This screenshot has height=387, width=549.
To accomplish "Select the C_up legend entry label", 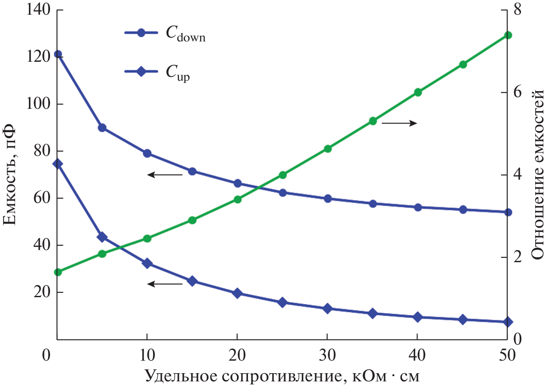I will pyautogui.click(x=178, y=76).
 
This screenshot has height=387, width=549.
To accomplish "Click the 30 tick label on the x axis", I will pyautogui.click(x=327, y=355).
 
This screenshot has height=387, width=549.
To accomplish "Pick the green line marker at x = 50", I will pyautogui.click(x=508, y=35).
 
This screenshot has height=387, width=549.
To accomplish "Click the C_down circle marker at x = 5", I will pyautogui.click(x=102, y=128).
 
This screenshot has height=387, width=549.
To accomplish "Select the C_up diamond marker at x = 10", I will pyautogui.click(x=147, y=263).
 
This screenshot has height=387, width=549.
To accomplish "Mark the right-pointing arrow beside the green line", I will pyautogui.click(x=399, y=124).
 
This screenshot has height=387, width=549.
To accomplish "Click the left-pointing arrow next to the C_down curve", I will pyautogui.click(x=165, y=174).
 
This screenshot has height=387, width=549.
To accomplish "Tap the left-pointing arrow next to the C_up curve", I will pyautogui.click(x=165, y=284).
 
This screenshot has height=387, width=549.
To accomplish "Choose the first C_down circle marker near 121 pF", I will pyautogui.click(x=58, y=54).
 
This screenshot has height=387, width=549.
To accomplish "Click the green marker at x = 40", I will pyautogui.click(x=417, y=92).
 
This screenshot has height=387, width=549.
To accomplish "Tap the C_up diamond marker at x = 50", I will pyautogui.click(x=508, y=322).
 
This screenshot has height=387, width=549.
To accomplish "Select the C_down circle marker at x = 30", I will pyautogui.click(x=327, y=199).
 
